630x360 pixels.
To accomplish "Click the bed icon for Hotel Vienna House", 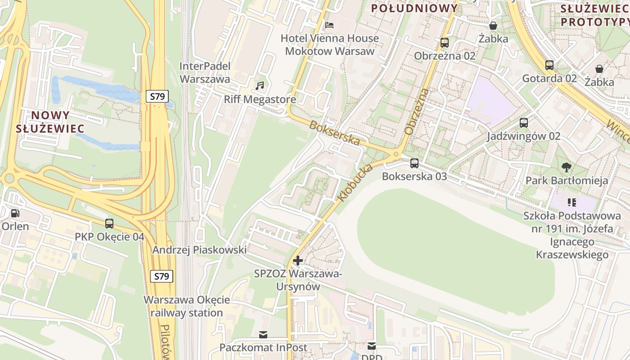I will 329,25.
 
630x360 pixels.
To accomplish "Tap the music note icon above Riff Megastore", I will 260,85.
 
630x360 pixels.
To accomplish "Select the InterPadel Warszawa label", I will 205,72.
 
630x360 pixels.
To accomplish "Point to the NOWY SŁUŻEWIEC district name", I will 50,122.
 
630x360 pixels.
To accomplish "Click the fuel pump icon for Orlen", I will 15,213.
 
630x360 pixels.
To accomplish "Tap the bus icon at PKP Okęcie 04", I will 109,223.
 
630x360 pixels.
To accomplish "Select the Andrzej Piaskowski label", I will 199,250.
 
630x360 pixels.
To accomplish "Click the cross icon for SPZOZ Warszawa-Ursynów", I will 297,260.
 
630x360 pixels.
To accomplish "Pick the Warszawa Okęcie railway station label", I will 187,306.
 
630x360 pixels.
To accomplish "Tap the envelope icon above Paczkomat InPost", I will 263,334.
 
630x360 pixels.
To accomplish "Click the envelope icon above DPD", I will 372,346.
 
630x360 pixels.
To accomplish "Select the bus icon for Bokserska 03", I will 414,163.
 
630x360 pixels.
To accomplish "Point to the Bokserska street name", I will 335,133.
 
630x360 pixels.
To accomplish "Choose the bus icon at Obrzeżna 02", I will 445,43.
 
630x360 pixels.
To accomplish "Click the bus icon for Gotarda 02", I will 549,65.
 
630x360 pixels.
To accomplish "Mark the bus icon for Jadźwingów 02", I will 524,122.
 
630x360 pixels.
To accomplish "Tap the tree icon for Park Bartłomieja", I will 567,167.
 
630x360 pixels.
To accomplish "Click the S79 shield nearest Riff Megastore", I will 157,96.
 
